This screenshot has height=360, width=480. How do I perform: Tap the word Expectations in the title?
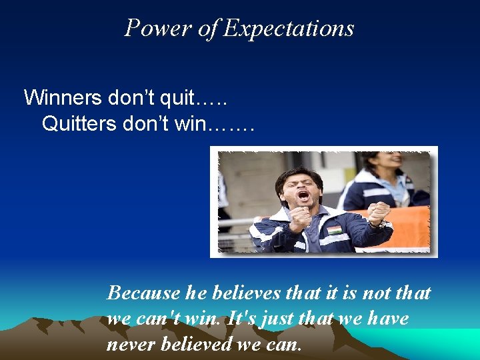click(289, 29)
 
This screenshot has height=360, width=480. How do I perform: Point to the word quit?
click(179, 98)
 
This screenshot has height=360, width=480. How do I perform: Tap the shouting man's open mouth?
click(303, 197)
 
